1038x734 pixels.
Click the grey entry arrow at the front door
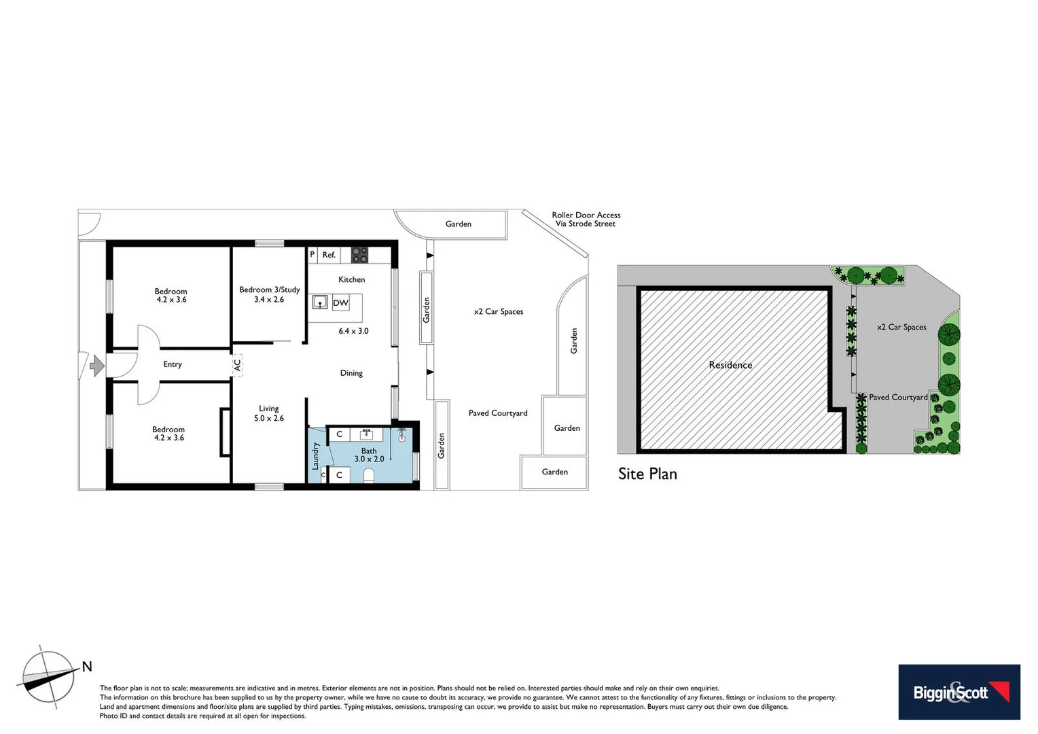tap(97, 367)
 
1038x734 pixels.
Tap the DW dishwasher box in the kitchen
tap(340, 303)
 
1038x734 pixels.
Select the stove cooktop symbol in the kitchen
tap(359, 255)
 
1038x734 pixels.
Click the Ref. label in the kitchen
tap(329, 255)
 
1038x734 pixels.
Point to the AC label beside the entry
tap(237, 365)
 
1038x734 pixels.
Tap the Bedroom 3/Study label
tap(269, 290)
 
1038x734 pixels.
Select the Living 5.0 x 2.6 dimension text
tap(269, 419)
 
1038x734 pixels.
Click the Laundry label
tap(315, 456)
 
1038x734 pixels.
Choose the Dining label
tap(351, 373)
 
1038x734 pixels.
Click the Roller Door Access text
tap(586, 215)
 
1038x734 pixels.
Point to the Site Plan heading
tap(647, 474)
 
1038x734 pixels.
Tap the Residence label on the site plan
tap(730, 365)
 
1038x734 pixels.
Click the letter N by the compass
tap(87, 667)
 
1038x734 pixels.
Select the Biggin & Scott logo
tap(959, 692)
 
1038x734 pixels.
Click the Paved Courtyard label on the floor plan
tap(498, 413)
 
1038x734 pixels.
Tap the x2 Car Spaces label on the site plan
tap(901, 327)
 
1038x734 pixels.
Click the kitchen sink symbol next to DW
tap(320, 302)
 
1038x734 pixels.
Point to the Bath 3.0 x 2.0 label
tap(369, 455)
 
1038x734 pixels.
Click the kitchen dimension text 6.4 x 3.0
tap(353, 331)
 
